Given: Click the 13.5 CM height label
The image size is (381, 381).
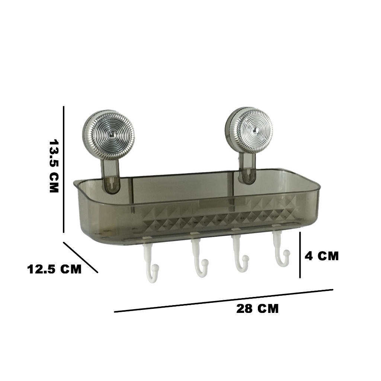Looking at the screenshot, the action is click(54, 166).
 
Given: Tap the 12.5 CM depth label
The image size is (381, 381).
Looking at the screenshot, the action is click(54, 269).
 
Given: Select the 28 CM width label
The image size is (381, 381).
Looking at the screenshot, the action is click(257, 308).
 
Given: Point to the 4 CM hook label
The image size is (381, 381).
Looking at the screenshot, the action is click(321, 256).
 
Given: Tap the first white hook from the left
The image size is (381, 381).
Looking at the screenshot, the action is click(151, 262).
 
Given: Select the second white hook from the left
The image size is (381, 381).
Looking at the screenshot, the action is click(199, 258).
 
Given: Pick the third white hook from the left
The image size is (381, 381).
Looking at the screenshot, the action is click(240, 254).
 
